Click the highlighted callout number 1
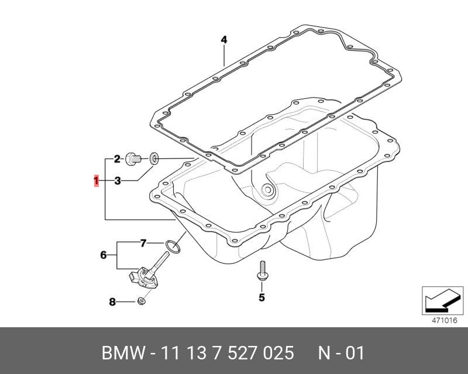tap(96, 181)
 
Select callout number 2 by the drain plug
tap(117, 159)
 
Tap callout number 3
tap(118, 181)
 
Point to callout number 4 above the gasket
tap(224, 40)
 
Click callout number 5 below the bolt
tap(261, 297)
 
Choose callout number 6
tap(104, 255)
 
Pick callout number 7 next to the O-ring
tap(143, 243)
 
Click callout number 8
tap(112, 302)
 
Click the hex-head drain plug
tap(133, 159)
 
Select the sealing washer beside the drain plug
tap(154, 159)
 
